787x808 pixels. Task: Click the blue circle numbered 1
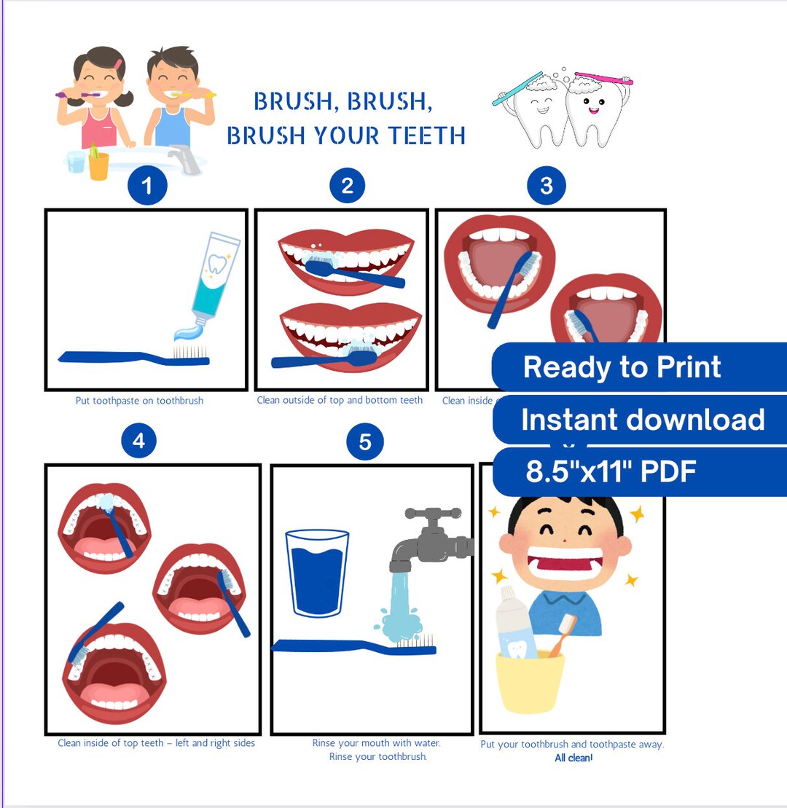[x=147, y=186]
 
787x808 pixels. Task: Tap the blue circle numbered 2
[x=347, y=186]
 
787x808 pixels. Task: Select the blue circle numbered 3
[x=547, y=186]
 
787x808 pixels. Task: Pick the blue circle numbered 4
[x=138, y=441]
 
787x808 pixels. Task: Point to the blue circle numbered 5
[x=365, y=442]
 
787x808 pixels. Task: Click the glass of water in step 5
[x=317, y=573]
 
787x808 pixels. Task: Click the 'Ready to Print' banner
[x=622, y=367]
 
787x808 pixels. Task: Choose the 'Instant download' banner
[x=641, y=420]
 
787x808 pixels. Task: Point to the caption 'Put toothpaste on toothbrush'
[x=139, y=401]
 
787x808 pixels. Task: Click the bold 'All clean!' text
[x=573, y=758]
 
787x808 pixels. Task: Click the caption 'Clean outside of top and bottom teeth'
[x=340, y=400]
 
